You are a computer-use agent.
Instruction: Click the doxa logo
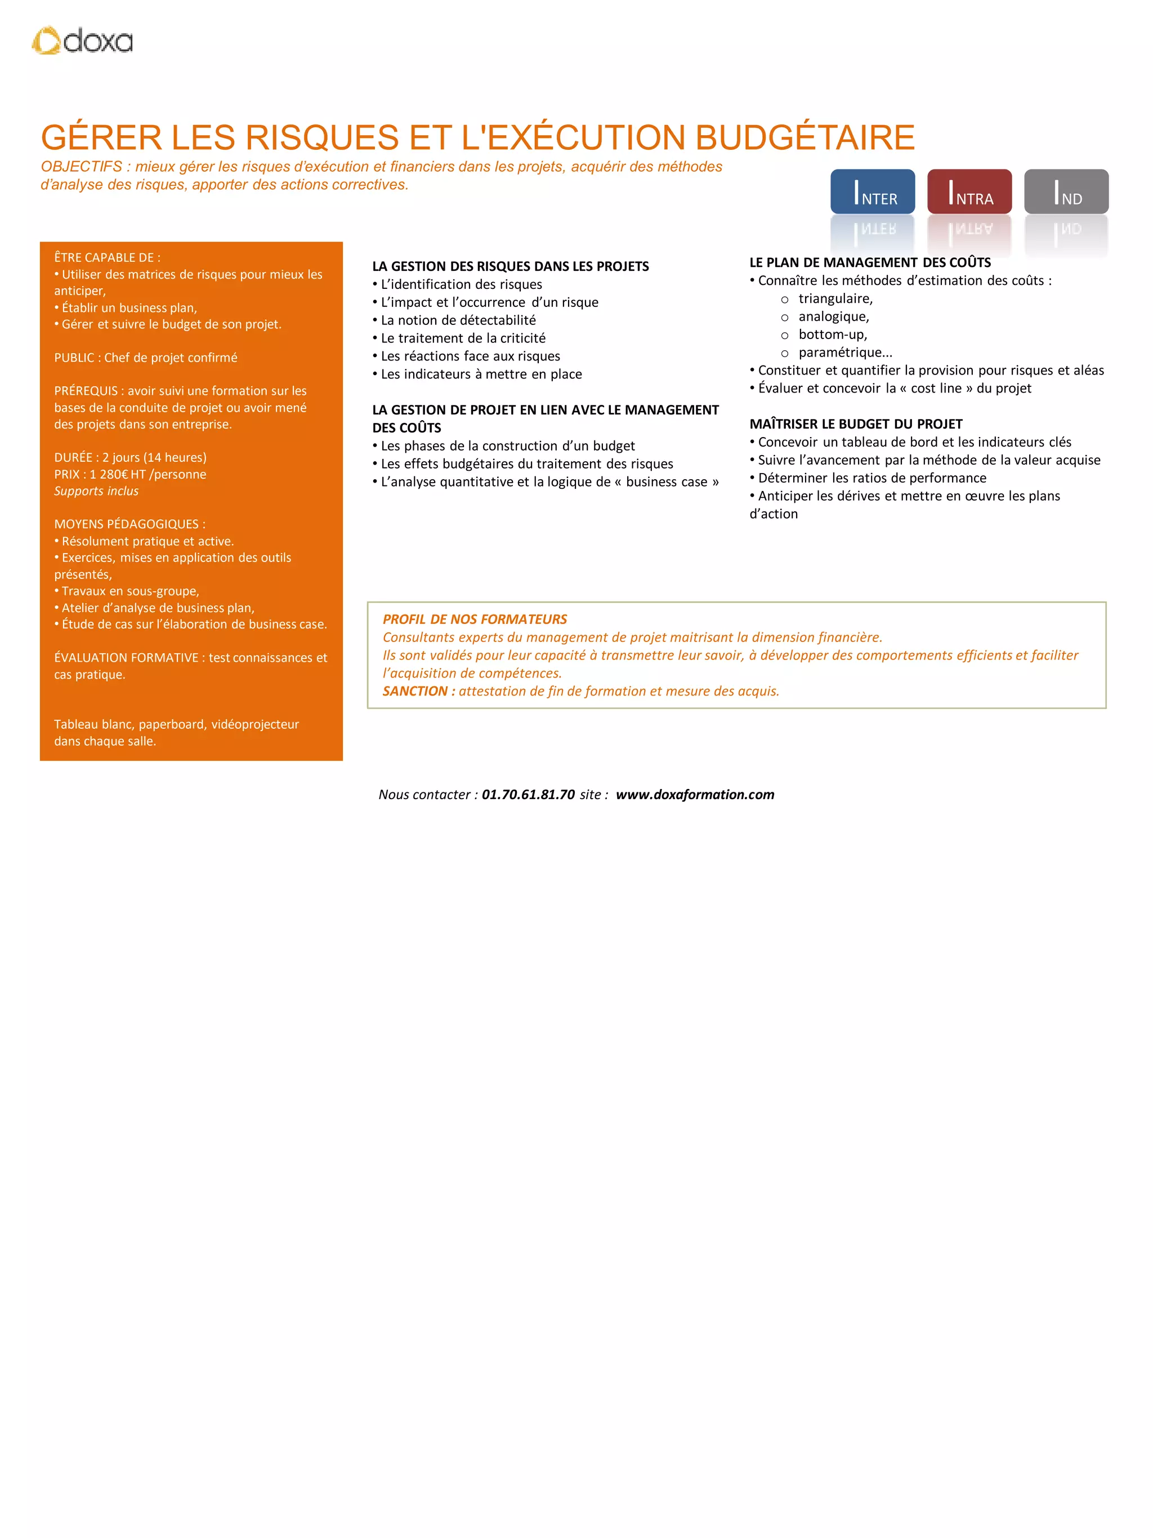click(x=82, y=41)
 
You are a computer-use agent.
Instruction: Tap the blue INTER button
click(x=872, y=191)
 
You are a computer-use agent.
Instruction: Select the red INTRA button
click(x=969, y=191)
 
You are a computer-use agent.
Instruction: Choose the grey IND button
click(x=1065, y=191)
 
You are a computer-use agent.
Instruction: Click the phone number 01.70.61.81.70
click(x=528, y=794)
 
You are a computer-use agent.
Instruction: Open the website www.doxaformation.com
click(x=694, y=794)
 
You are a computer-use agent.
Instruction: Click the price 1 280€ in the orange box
click(x=109, y=474)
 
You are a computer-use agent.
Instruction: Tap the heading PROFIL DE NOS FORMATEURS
click(x=475, y=619)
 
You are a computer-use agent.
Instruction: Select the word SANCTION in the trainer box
click(x=415, y=691)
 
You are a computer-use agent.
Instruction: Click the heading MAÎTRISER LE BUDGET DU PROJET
click(x=856, y=424)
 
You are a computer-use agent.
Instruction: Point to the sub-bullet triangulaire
click(x=835, y=299)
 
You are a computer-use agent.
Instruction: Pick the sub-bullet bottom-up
click(x=833, y=335)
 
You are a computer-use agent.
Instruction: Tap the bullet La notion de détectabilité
click(x=458, y=320)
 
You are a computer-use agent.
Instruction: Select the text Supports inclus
click(x=97, y=491)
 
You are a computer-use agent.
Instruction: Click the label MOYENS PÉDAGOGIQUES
click(x=128, y=524)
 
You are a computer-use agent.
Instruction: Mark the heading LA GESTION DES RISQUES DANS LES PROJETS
click(x=510, y=266)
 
